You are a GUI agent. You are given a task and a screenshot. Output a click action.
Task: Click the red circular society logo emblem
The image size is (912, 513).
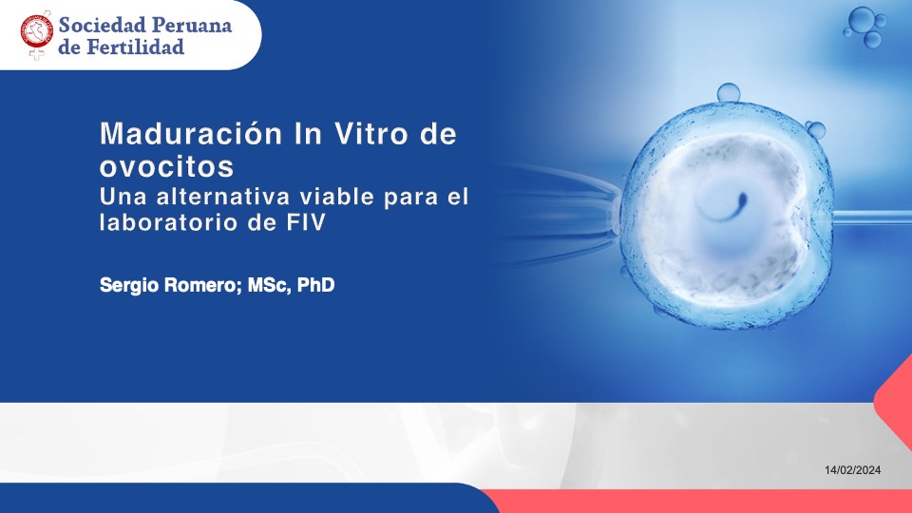(37, 32)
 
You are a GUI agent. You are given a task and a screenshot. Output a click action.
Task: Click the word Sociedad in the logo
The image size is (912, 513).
(102, 25)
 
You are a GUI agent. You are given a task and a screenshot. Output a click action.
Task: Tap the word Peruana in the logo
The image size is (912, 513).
(191, 25)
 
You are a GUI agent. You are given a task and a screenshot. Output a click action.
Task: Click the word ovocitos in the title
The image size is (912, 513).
(167, 166)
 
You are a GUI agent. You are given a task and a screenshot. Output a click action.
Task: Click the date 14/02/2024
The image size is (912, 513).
(853, 470)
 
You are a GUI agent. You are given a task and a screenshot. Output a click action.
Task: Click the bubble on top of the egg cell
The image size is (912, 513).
(729, 92)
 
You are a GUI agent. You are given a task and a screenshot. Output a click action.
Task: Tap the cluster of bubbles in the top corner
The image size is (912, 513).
(864, 28)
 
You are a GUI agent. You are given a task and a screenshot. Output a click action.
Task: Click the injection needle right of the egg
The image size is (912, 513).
(871, 218)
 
